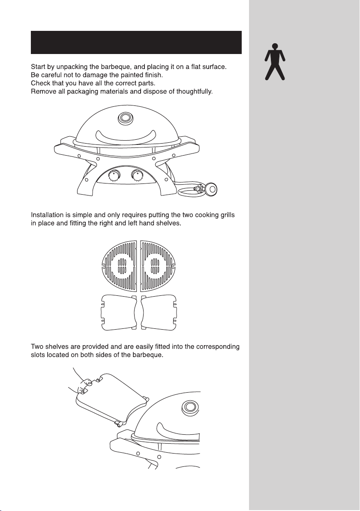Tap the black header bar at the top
(136, 42)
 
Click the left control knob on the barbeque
(114, 176)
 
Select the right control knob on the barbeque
(137, 176)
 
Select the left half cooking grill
(120, 266)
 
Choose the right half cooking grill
(158, 266)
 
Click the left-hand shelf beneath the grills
(119, 313)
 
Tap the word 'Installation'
(47, 215)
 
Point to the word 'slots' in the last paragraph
(38, 355)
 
